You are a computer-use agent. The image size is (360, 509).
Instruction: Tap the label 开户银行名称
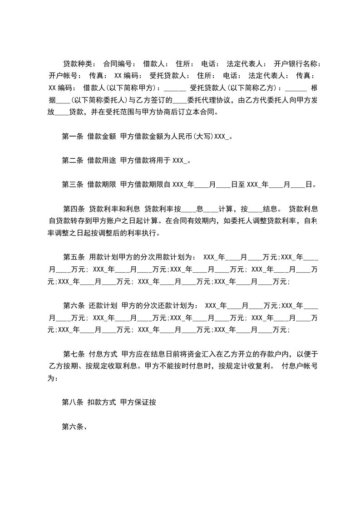297,64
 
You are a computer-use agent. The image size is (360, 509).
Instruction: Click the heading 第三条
72,185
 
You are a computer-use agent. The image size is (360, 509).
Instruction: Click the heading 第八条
72,402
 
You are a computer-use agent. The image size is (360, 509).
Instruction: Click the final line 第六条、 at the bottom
74,426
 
